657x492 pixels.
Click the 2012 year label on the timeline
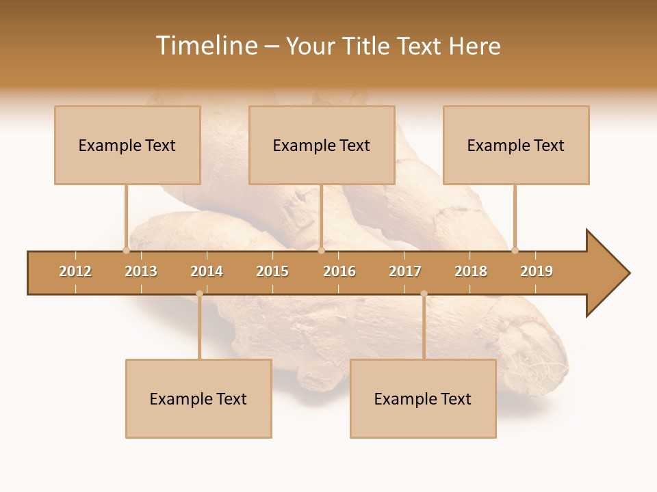click(75, 271)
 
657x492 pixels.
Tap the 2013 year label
click(141, 271)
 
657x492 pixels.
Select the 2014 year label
click(207, 271)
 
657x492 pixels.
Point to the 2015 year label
click(272, 271)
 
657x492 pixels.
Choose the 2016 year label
click(339, 271)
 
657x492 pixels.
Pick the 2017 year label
click(405, 271)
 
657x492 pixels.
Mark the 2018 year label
click(471, 271)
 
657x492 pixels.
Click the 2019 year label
click(537, 271)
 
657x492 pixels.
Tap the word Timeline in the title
click(206, 46)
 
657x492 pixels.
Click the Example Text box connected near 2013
click(127, 145)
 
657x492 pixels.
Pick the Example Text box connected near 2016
click(322, 145)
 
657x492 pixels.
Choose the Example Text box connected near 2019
click(516, 145)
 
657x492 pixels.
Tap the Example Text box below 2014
click(198, 398)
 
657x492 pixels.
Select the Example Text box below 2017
click(423, 398)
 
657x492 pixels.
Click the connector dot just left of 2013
click(126, 250)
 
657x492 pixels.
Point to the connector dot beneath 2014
click(199, 294)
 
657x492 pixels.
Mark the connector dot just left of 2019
click(515, 250)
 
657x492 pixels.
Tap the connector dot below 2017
click(424, 294)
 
